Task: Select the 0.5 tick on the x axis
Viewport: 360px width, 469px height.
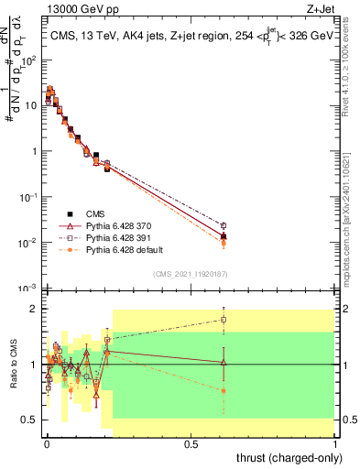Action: coord(191,444)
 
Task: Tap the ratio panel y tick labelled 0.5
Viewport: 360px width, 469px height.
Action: coord(27,420)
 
